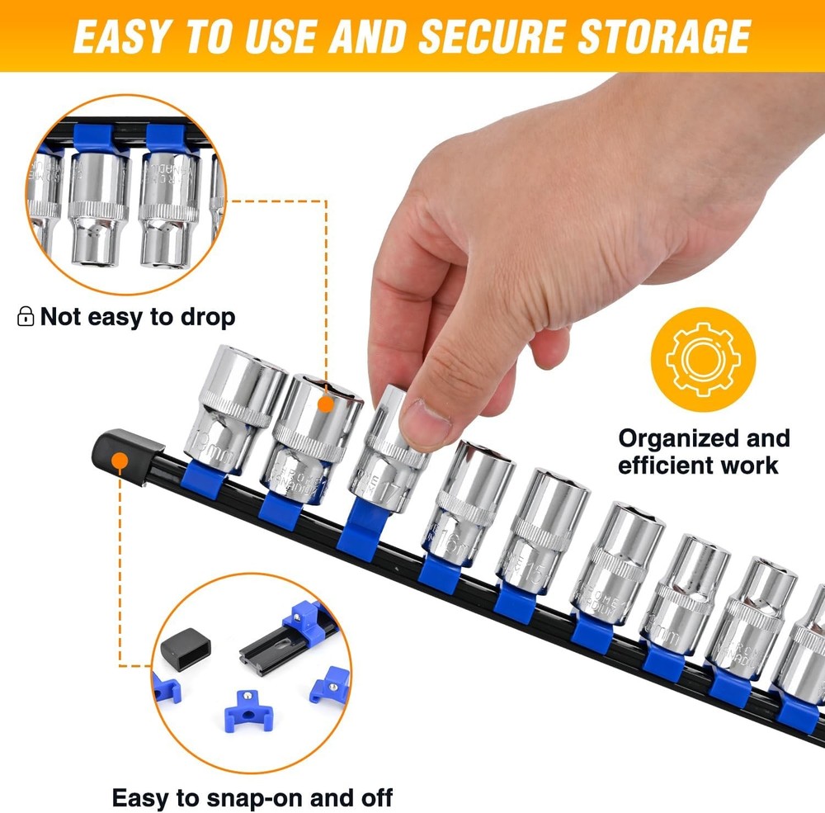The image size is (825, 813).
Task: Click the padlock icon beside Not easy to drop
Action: coord(26,316)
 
